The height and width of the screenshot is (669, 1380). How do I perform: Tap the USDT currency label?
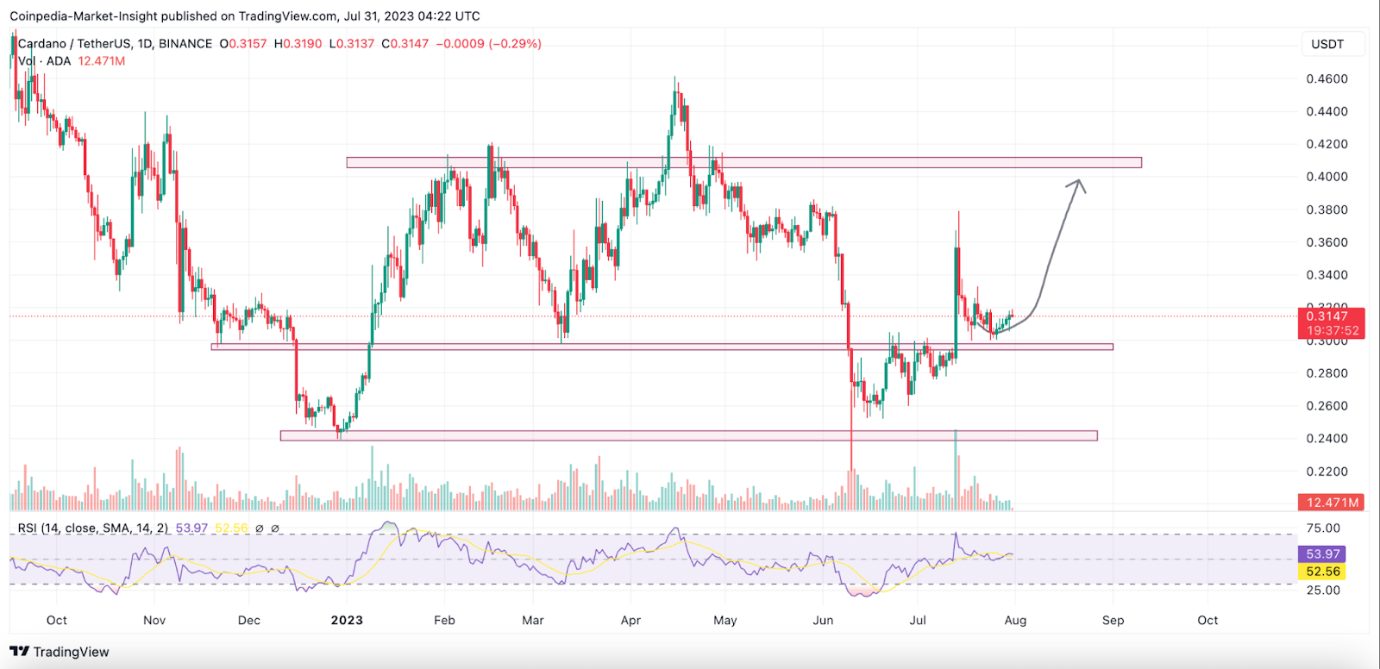pos(1327,44)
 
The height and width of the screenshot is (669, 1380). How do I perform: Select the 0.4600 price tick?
pos(1327,78)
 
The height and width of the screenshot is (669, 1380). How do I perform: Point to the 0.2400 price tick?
pos(1327,439)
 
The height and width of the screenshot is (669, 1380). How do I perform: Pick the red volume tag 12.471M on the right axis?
pos(1332,502)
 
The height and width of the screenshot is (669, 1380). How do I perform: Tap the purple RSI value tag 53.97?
pos(1322,554)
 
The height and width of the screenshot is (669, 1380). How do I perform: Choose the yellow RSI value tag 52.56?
pos(1322,572)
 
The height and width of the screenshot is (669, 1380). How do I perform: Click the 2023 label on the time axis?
pos(347,620)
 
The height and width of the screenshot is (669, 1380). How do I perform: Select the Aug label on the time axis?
pos(1015,620)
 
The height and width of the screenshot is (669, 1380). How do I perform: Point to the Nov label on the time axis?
pos(154,620)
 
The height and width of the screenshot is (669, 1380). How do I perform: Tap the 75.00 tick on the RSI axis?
pos(1323,528)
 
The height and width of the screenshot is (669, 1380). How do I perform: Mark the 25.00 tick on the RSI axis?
pos(1323,591)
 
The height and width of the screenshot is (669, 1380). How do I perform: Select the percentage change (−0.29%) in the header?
pos(515,44)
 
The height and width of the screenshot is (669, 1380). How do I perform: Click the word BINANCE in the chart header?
pos(185,44)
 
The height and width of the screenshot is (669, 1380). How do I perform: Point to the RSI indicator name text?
pos(93,528)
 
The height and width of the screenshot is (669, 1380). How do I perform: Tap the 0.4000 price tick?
pos(1327,177)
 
